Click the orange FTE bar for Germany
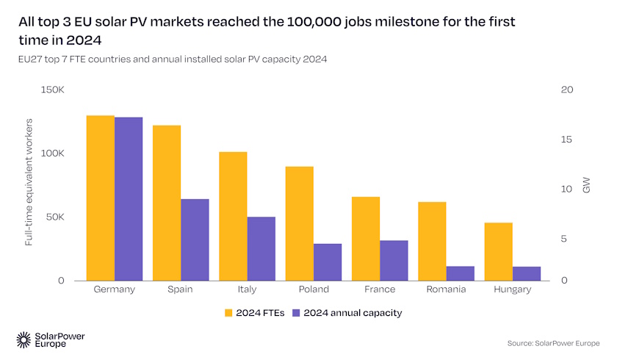(100, 198)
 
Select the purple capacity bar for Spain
(195, 240)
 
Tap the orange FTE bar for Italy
(233, 216)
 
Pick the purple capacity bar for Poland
(328, 262)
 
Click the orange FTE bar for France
(366, 239)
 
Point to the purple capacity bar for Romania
(461, 273)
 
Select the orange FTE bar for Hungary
(499, 251)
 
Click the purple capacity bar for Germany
(129, 198)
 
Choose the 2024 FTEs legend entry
(254, 312)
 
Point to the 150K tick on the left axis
(53, 90)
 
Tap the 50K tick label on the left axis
(55, 217)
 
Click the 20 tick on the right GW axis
(566, 90)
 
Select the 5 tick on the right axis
(563, 239)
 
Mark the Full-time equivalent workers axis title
(29, 185)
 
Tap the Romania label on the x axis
(446, 289)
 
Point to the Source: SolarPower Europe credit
(553, 343)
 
